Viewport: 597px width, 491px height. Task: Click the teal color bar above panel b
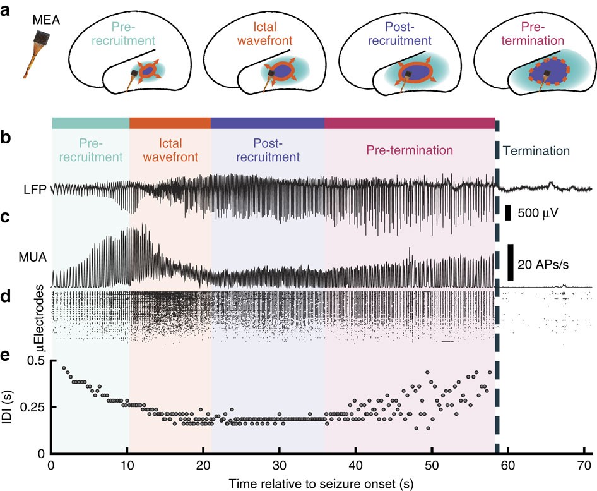click(90, 123)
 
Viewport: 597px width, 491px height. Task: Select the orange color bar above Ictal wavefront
click(170, 123)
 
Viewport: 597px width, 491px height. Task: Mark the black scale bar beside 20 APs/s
click(510, 262)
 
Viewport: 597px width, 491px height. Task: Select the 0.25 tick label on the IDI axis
click(30, 407)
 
